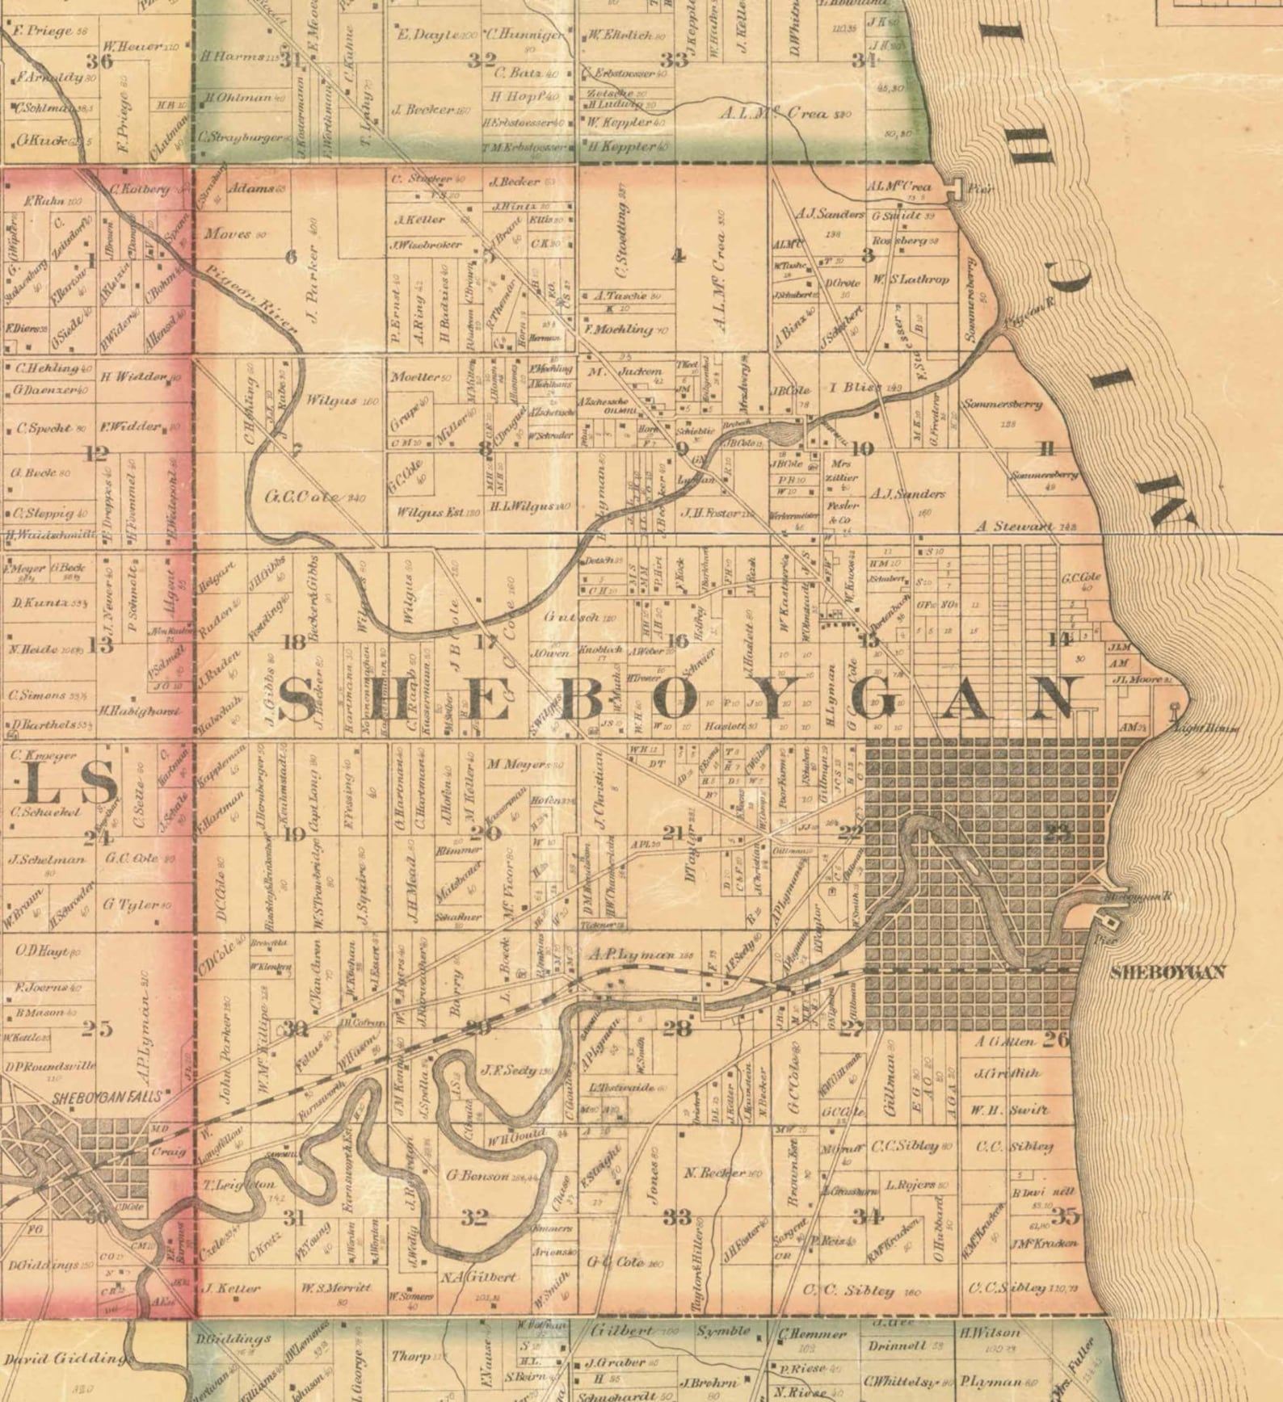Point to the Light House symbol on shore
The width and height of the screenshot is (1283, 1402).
1175,708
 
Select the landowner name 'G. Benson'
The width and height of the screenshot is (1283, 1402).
478,1176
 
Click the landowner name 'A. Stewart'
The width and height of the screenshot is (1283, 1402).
1013,526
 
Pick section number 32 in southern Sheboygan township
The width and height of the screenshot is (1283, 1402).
475,1217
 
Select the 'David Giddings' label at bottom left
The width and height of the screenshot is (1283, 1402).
65,1359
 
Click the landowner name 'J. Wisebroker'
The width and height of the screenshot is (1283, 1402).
427,245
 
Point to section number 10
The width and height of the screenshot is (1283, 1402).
862,449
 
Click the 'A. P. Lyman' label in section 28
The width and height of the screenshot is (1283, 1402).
630,955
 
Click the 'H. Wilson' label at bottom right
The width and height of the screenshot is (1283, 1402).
990,1332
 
